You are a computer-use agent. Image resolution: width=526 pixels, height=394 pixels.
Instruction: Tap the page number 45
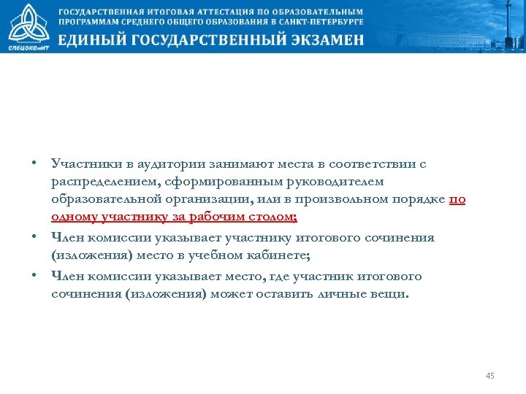tap(489, 376)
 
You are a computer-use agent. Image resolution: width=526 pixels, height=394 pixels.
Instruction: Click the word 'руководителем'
tap(332, 182)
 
